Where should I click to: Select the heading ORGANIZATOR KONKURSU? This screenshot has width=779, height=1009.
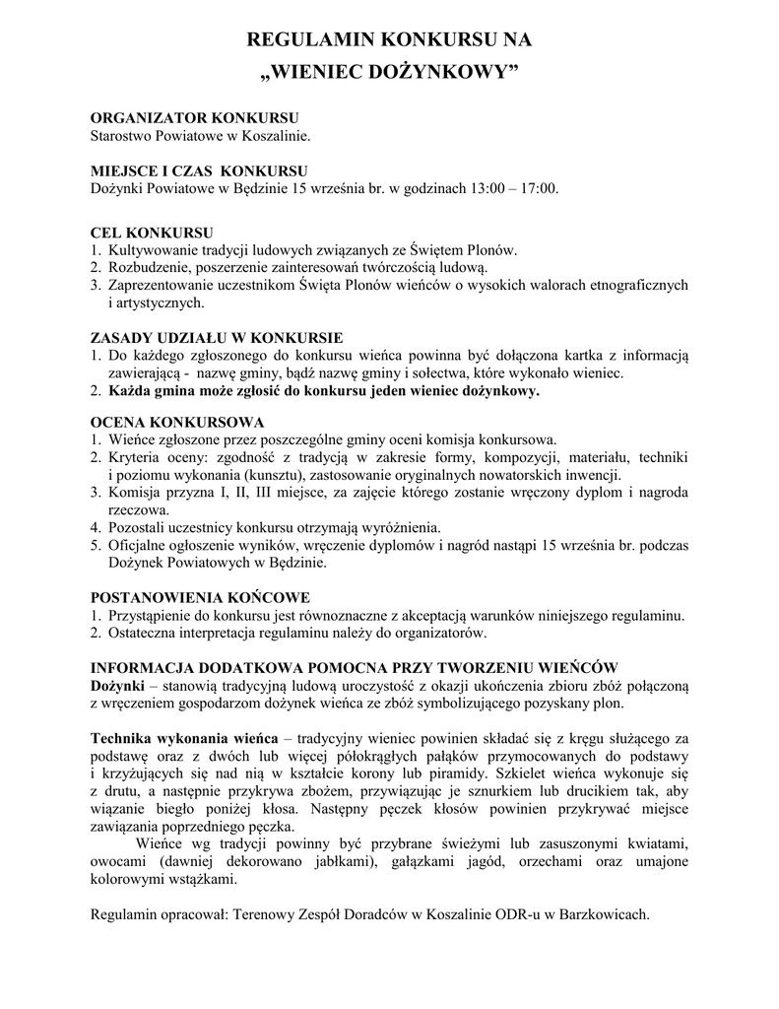pyautogui.click(x=194, y=117)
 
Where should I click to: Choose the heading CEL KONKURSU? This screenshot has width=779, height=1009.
pyautogui.click(x=152, y=234)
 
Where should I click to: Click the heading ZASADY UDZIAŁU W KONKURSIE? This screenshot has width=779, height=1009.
pyautogui.click(x=217, y=338)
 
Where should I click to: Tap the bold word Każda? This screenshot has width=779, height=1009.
pyautogui.click(x=129, y=390)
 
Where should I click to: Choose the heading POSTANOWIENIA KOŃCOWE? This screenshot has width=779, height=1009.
pyautogui.click(x=200, y=597)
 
